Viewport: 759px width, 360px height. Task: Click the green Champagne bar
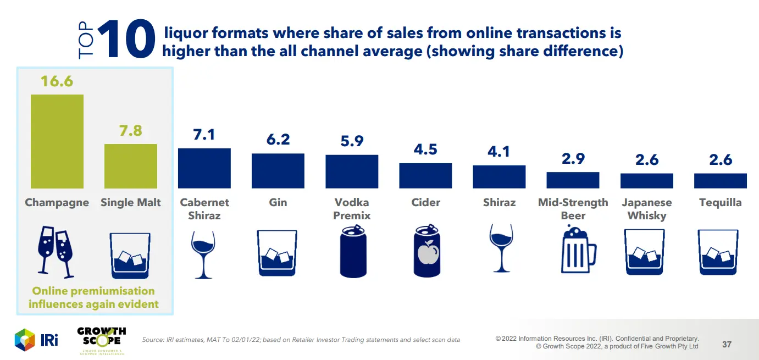(x=57, y=141)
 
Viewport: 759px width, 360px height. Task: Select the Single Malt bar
(x=131, y=166)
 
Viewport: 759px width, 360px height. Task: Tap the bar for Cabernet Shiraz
(x=204, y=168)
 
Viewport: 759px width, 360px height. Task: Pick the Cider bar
(x=425, y=176)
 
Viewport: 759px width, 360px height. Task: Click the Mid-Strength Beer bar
(x=573, y=180)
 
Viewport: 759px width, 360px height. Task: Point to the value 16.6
(x=57, y=81)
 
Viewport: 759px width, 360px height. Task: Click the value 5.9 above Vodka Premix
(x=352, y=141)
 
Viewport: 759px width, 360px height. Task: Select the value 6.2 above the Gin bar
(x=278, y=140)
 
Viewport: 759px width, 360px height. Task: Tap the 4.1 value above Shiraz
(x=499, y=151)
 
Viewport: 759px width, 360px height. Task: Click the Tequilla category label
(x=720, y=202)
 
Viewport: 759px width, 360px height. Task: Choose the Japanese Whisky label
(x=646, y=209)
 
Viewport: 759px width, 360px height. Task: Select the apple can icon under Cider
(x=425, y=252)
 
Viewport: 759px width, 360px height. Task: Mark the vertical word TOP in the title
(x=87, y=42)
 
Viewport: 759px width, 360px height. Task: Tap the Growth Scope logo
(x=101, y=340)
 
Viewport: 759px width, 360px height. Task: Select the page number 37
(x=727, y=345)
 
